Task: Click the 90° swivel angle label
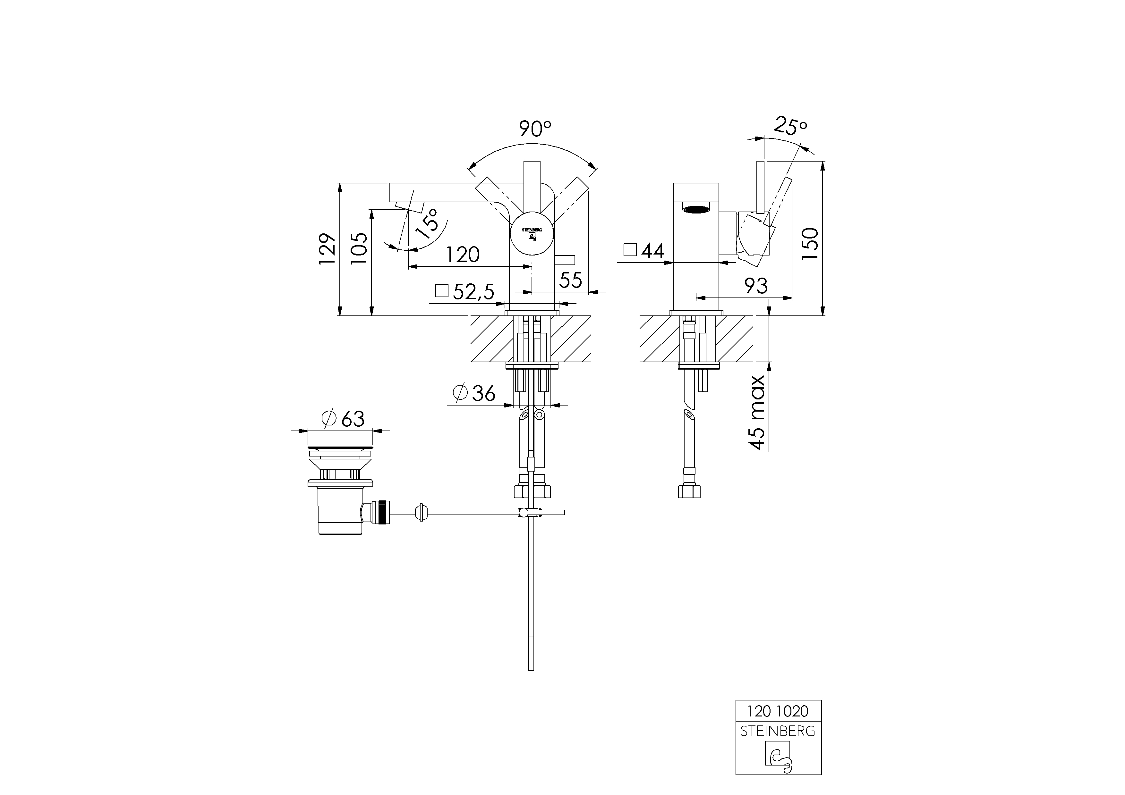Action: pyautogui.click(x=535, y=129)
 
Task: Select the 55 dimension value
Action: pyautogui.click(x=570, y=280)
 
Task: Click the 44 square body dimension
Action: pyautogui.click(x=644, y=251)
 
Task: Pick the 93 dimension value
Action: pyautogui.click(x=756, y=286)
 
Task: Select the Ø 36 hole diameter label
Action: pyautogui.click(x=474, y=393)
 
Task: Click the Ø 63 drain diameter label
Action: pyautogui.click(x=343, y=419)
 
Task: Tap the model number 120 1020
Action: pyautogui.click(x=778, y=710)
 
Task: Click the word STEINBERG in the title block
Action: pyautogui.click(x=778, y=731)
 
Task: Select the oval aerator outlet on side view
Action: pyautogui.click(x=696, y=210)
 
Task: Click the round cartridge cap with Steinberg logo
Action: pyautogui.click(x=532, y=233)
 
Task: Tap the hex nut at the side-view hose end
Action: pyautogui.click(x=689, y=491)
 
